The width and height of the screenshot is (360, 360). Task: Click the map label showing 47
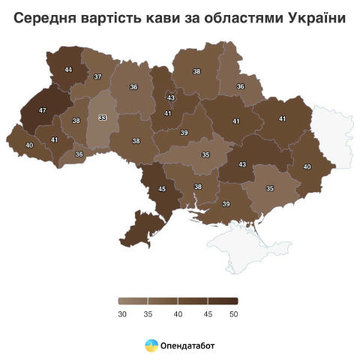[x=42, y=110]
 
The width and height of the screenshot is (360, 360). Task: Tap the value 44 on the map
[x=68, y=70]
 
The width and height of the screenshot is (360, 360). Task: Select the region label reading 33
[x=103, y=118]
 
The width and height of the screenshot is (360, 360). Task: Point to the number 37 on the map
[x=97, y=77]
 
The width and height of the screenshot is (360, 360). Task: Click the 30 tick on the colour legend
[x=122, y=314]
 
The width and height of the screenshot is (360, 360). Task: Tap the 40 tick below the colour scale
[x=178, y=314]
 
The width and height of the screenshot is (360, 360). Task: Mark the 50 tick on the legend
[x=234, y=314]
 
